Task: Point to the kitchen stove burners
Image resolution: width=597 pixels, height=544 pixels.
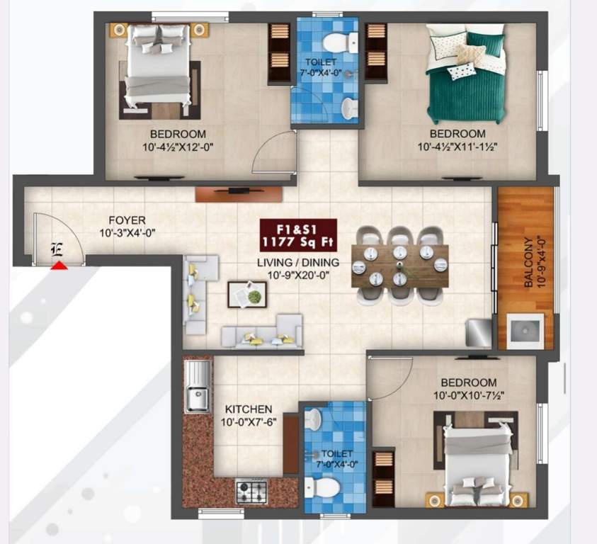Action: (x=251, y=489)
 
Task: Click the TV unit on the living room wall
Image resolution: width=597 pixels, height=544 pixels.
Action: (x=237, y=191)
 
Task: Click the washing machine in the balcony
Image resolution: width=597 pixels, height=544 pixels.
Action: (x=525, y=331)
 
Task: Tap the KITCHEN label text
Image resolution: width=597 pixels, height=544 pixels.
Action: (x=249, y=409)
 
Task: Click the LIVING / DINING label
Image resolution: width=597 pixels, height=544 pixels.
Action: (x=298, y=262)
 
